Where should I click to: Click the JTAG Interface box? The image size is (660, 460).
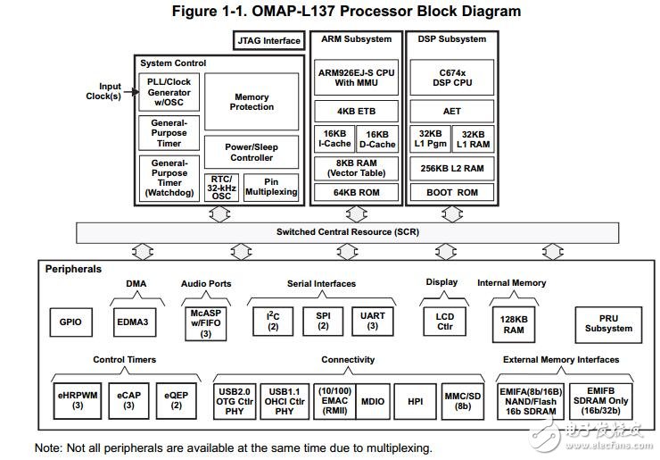[x=269, y=40]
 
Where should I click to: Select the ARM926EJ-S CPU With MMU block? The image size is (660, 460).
[x=355, y=78]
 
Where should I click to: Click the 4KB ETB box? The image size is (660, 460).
[x=355, y=113]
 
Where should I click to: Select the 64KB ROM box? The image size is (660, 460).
[x=355, y=192]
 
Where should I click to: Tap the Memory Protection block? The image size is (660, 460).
[x=252, y=102]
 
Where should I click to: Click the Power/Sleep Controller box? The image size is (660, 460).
[x=252, y=152]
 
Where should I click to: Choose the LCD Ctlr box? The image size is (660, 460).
[x=445, y=322]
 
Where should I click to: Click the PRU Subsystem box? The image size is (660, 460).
[x=609, y=322]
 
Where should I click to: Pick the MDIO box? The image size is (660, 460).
[x=373, y=401]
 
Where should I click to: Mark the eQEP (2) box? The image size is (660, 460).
[x=177, y=401]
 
